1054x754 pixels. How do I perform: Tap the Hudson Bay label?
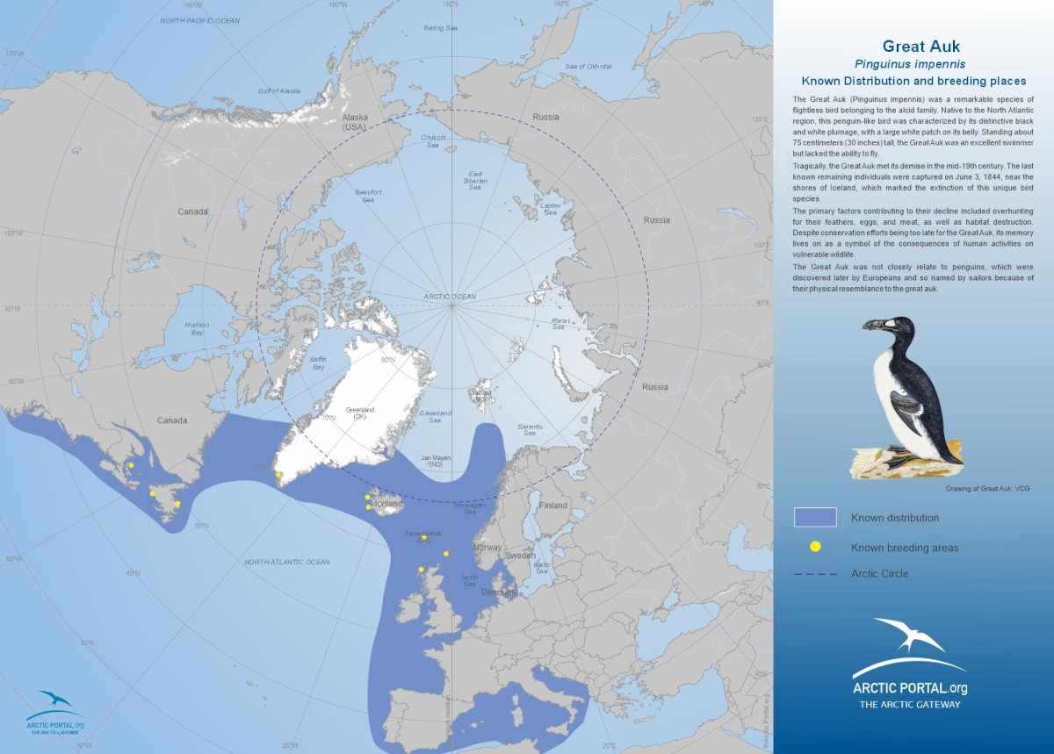[x=197, y=328]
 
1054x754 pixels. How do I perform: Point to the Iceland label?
[x=388, y=504]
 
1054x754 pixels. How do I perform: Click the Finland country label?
[x=553, y=506]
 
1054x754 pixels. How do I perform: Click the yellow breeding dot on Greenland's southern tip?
[x=278, y=475]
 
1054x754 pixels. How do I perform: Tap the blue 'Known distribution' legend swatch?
[x=815, y=517]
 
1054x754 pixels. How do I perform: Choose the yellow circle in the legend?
[x=815, y=547]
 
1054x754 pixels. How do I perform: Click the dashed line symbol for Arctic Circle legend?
[x=815, y=574]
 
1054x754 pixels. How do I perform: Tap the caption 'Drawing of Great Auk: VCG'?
[x=987, y=488]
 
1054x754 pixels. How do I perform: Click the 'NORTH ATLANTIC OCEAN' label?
[x=287, y=562]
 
